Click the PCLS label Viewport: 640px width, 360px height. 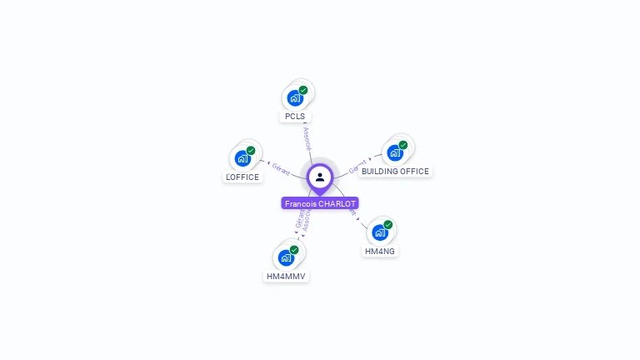coord(295,117)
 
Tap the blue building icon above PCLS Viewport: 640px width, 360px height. coord(294,98)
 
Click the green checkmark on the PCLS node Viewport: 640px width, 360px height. coord(303,90)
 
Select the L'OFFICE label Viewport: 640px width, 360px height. coord(242,177)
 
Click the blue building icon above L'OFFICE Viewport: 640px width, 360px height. coord(242,158)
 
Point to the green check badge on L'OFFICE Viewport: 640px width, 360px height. coord(251,151)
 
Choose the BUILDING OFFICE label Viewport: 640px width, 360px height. coord(395,172)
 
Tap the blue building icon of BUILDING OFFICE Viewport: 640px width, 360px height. coord(394,153)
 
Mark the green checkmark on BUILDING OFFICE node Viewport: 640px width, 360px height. coord(403,145)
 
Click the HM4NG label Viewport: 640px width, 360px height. coord(380,251)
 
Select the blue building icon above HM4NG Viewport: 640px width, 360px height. coord(379,232)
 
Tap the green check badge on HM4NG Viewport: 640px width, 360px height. coord(388,224)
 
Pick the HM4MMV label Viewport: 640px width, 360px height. coord(287,276)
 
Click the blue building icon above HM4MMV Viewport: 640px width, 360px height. coord(286,257)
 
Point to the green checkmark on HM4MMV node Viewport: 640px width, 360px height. coord(294,250)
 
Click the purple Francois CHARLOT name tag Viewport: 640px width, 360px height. coord(320,203)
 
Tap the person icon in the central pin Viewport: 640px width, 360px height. coord(320,177)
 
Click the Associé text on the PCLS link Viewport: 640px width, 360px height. coord(306,138)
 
